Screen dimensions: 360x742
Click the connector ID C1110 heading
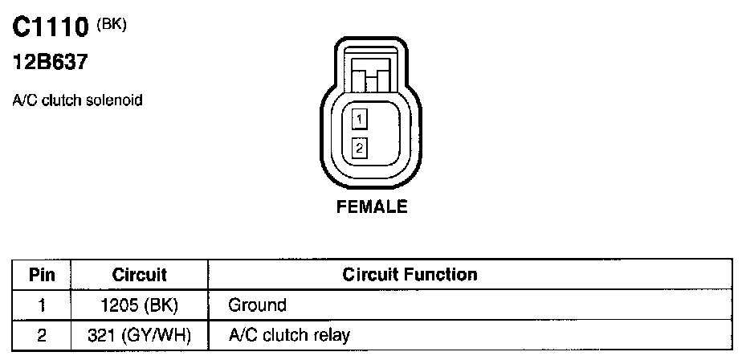tap(50, 29)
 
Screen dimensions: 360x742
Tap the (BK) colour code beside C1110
tap(112, 24)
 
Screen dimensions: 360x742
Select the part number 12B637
tap(49, 61)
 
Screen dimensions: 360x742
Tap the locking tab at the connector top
tap(371, 79)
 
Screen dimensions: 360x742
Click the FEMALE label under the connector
tap(371, 207)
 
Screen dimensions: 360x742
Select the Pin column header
tap(42, 275)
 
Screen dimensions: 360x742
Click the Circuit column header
tap(139, 275)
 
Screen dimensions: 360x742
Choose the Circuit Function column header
tap(410, 275)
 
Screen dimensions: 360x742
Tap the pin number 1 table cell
tap(42, 305)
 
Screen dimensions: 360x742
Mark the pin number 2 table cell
tap(42, 334)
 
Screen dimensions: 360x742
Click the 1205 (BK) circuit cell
tap(139, 305)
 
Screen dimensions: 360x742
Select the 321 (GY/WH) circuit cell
tap(139, 334)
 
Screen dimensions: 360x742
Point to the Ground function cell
tap(257, 305)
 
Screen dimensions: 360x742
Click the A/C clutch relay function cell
tap(289, 334)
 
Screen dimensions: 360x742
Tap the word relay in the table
tap(332, 334)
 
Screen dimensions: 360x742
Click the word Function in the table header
tap(444, 275)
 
